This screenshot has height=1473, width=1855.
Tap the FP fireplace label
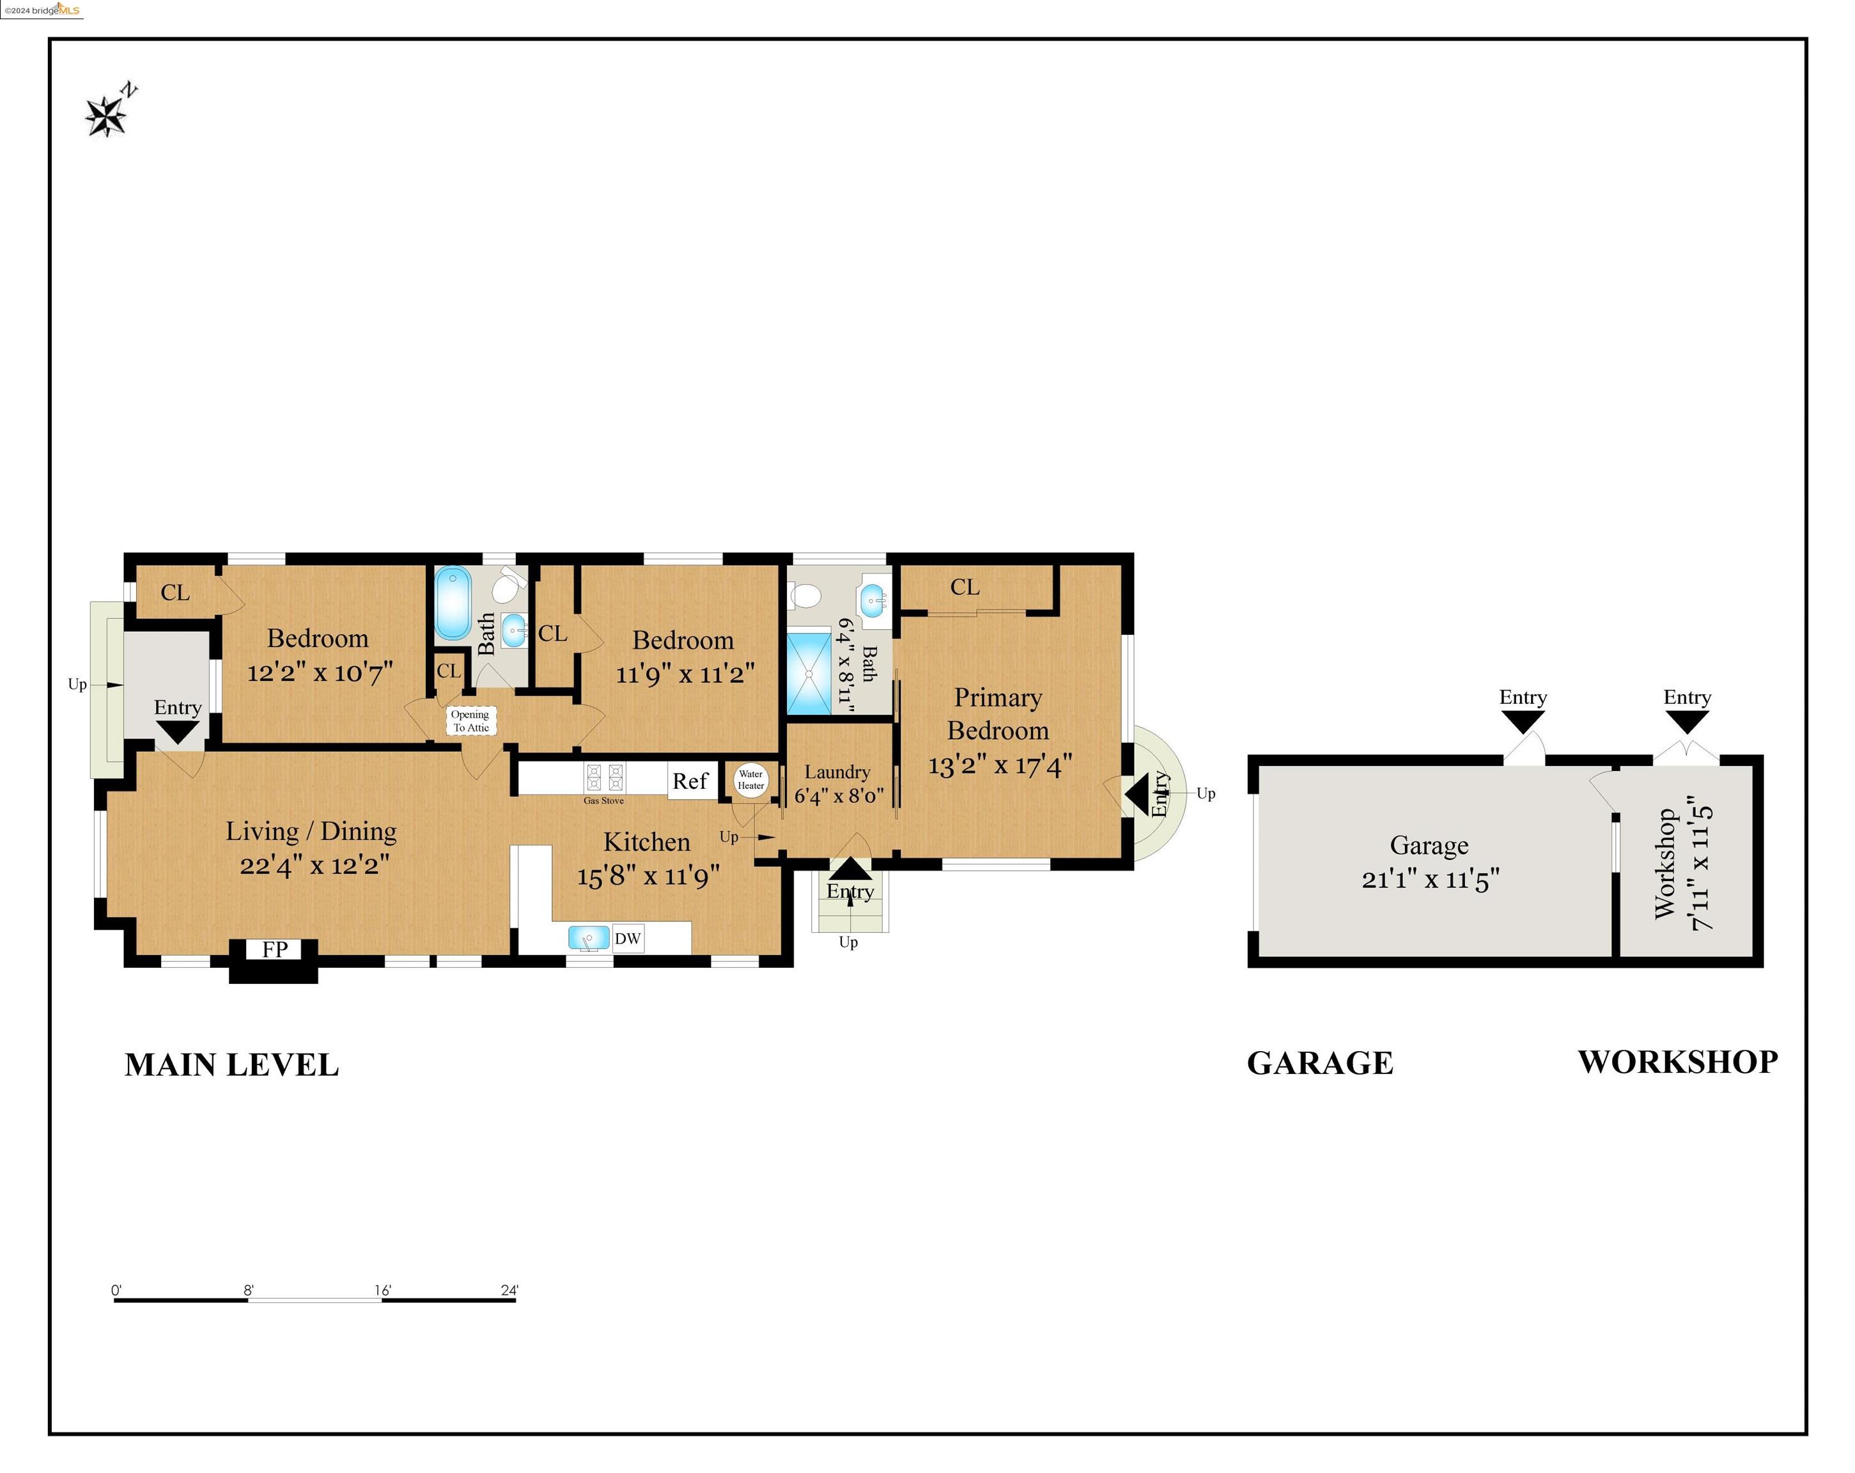(x=274, y=949)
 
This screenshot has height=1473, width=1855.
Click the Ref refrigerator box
(x=691, y=781)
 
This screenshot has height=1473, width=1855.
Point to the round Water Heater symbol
(x=750, y=779)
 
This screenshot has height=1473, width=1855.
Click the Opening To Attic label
(x=470, y=721)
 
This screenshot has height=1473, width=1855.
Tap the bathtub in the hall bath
(x=453, y=602)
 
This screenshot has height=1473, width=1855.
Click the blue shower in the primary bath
(x=809, y=674)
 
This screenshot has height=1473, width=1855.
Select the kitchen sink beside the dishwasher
(x=589, y=938)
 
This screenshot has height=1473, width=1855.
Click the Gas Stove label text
(x=604, y=800)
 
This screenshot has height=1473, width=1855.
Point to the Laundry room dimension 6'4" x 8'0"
(x=839, y=795)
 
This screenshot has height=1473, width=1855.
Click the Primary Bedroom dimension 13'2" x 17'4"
(x=1000, y=764)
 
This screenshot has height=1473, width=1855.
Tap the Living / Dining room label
(x=311, y=831)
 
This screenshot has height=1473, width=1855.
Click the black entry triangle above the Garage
(x=1522, y=722)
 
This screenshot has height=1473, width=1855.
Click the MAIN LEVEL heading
(x=231, y=1065)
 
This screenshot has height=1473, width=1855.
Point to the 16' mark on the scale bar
(x=382, y=1291)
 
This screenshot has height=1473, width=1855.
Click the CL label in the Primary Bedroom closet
(x=965, y=587)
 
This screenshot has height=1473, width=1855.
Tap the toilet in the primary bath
(x=805, y=595)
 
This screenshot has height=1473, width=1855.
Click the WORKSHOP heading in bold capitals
(x=1678, y=1062)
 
